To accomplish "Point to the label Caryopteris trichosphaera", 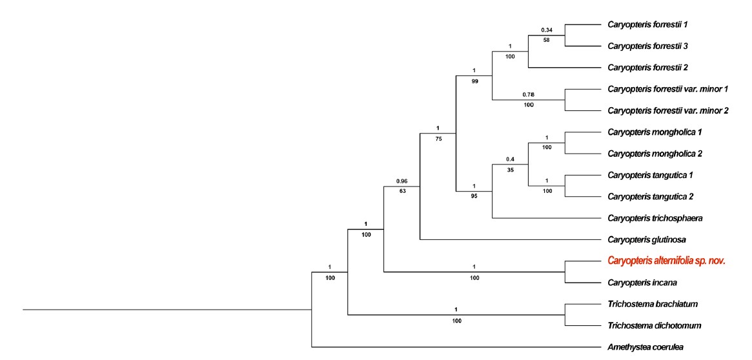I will pyautogui.click(x=655, y=218).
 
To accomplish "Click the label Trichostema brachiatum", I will pyautogui.click(x=653, y=304).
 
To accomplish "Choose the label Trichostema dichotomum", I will pyautogui.click(x=655, y=326).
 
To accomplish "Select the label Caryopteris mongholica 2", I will pyautogui.click(x=655, y=154).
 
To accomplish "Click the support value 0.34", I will pyautogui.click(x=547, y=30).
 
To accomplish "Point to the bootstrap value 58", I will pyautogui.click(x=547, y=41).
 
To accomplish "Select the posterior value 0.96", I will pyautogui.click(x=402, y=181).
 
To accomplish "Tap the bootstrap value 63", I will pyautogui.click(x=402, y=192).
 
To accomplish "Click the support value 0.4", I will pyautogui.click(x=511, y=159).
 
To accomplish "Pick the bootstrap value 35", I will pyautogui.click(x=511, y=170).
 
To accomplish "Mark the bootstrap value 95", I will pyautogui.click(x=474, y=197).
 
